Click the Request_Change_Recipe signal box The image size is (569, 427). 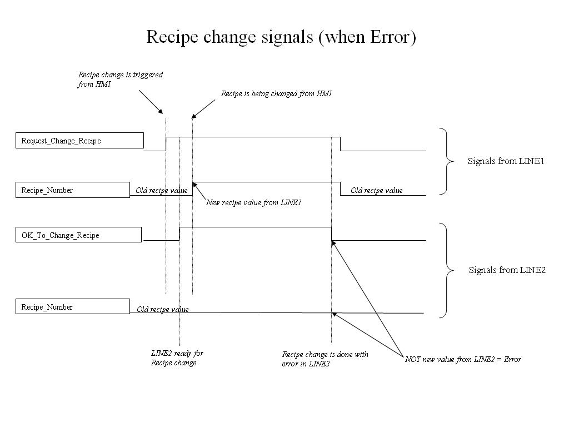[x=79, y=141]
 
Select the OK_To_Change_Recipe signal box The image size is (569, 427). [x=78, y=235]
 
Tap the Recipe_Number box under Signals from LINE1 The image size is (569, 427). [x=72, y=190]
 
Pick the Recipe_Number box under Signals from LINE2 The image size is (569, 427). [x=72, y=307]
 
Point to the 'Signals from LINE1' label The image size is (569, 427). [x=506, y=161]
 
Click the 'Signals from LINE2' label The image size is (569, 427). [x=507, y=270]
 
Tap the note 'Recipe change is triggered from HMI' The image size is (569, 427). [x=120, y=80]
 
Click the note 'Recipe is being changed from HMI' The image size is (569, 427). [x=276, y=94]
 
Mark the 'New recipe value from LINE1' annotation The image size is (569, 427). [x=253, y=202]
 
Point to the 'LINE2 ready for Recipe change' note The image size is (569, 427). [x=177, y=358]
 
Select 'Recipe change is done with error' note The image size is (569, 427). [x=325, y=359]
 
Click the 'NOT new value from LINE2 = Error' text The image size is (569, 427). [x=463, y=359]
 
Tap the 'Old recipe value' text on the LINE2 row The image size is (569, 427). [x=162, y=310]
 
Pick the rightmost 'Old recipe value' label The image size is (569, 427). [x=376, y=191]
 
